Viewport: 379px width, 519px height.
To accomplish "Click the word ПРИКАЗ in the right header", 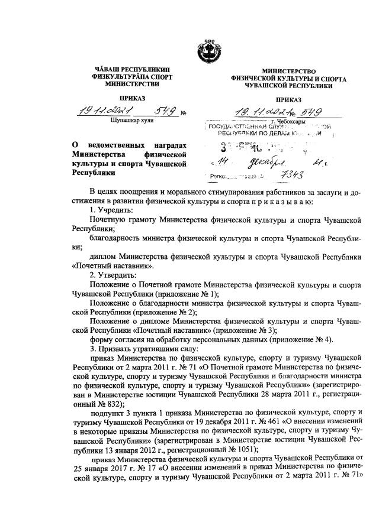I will click(x=289, y=99).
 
